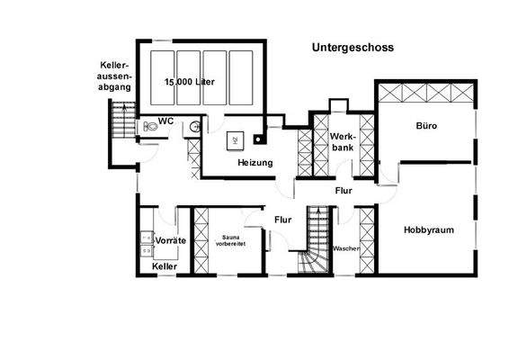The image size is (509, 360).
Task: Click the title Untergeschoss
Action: pos(353,48)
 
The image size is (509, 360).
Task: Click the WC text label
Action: pos(166,121)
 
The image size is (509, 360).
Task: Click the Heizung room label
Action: pos(255,163)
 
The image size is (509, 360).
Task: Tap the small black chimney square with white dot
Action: pos(260,139)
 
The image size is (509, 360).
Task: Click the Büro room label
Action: pos(426,126)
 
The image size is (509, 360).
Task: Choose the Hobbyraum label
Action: pos(428,229)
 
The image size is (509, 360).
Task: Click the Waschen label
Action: pos(345,247)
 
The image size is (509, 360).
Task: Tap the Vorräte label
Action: pos(170,242)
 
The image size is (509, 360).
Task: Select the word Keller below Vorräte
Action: pos(165,267)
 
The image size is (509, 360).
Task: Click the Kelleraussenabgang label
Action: pos(117,76)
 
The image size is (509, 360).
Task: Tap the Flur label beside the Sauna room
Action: pos(282,218)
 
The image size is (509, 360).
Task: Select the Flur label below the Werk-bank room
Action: pos(343,190)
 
